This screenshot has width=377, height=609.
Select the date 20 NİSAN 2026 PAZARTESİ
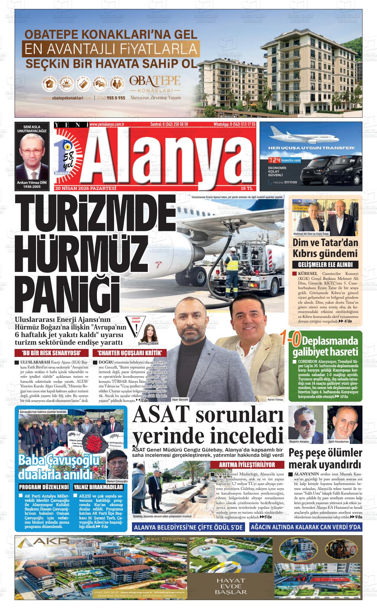tap(86, 189)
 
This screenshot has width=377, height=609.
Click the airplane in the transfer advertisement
tap(298, 136)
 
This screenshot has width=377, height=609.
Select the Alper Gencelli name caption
tap(180, 400)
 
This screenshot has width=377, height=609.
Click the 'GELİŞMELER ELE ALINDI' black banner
tap(326, 265)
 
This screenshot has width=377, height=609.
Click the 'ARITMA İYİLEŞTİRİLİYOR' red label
tap(247, 465)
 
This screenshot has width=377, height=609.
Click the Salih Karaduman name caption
tap(339, 442)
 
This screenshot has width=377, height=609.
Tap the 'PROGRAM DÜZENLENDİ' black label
tap(44, 487)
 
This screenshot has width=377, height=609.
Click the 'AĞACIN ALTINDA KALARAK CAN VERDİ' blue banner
tap(306, 527)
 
